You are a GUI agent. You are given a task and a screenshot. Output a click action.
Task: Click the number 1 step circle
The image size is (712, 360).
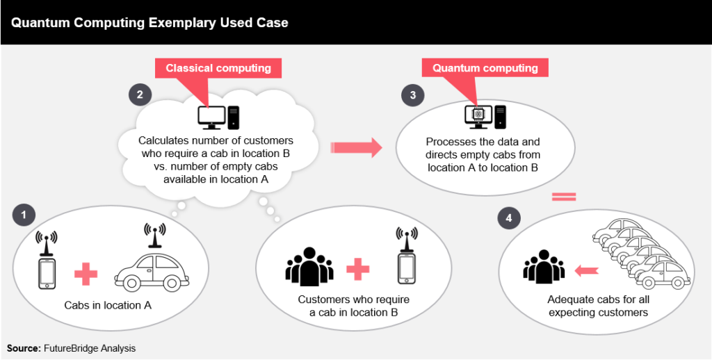coord(24,215)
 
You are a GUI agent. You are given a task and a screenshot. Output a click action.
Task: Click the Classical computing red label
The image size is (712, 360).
coord(218,68)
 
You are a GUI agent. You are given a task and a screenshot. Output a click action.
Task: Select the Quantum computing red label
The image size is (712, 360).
coord(485,68)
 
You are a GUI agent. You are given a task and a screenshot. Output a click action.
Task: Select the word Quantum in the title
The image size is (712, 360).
coord(35,23)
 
